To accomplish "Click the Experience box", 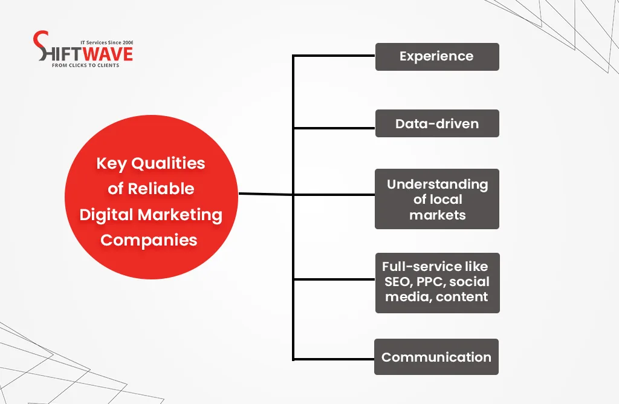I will tap(436, 57).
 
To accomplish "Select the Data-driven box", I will tap(436, 123).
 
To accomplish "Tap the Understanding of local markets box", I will tap(436, 199).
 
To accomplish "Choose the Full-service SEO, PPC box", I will tap(436, 282).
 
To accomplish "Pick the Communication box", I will tap(436, 357).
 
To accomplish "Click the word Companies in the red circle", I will tap(149, 240).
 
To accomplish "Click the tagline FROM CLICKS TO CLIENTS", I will tap(85, 65).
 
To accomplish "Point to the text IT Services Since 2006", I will tap(110, 42).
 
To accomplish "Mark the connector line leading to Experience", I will tap(334, 56).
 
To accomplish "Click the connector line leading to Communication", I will tap(334, 360).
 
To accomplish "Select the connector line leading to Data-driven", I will tap(334, 128).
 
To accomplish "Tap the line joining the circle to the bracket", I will tap(266, 194).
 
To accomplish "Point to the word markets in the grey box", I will tap(437, 215).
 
